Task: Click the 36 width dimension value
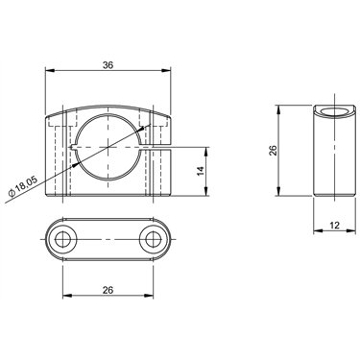[x=108, y=65]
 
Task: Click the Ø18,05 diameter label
[x=23, y=186]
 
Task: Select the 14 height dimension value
[x=201, y=171]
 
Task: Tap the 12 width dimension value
[x=334, y=226]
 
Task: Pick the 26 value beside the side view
[x=273, y=150]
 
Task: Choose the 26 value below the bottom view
[x=108, y=290]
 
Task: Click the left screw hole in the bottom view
[x=62, y=239]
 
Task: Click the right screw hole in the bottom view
[x=154, y=239]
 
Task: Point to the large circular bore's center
[x=108, y=147]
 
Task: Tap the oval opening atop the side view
[x=334, y=112]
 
